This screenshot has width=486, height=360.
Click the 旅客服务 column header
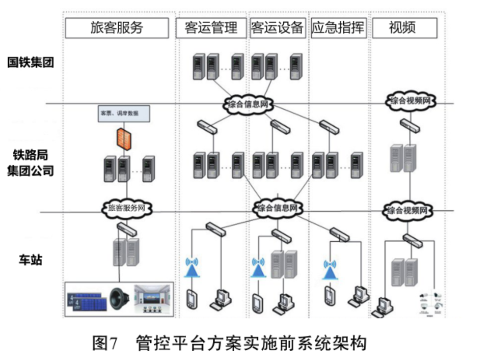[117, 28]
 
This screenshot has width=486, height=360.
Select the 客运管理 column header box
[211, 28]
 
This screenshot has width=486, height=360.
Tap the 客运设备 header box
[277, 28]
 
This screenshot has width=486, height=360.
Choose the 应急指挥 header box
[338, 28]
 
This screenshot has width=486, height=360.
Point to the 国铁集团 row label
[31, 63]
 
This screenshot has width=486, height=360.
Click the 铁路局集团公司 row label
[31, 163]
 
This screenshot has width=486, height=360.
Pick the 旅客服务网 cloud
[127, 208]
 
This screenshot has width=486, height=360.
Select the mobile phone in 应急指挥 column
[329, 295]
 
